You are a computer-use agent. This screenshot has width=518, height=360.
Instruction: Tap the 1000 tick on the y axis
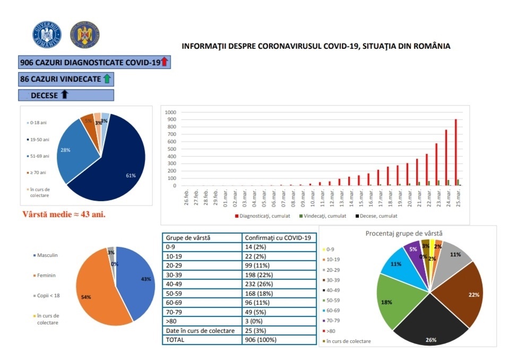[x=170, y=113]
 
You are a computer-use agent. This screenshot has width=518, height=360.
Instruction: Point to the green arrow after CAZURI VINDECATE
[x=107, y=79]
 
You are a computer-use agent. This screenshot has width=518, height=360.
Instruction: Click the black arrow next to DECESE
[x=65, y=95]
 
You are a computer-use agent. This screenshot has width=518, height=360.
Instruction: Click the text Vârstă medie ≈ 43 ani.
[x=64, y=215]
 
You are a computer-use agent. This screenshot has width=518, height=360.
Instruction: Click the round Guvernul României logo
[x=47, y=35]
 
